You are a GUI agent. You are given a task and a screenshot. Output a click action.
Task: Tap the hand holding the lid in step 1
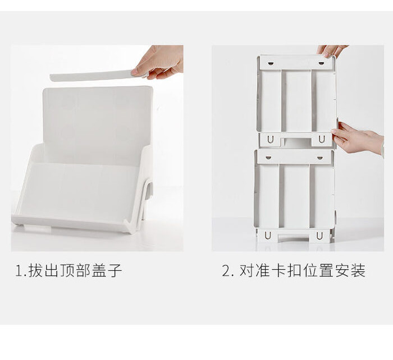click(158, 62)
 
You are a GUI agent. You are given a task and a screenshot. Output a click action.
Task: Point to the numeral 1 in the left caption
click(19, 271)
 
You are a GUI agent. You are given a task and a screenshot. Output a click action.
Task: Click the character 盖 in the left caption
click(99, 270)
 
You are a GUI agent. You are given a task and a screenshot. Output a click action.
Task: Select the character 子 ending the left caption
click(115, 270)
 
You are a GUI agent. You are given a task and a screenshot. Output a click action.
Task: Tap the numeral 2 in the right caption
click(226, 271)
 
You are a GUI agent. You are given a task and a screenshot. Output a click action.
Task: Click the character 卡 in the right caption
click(278, 270)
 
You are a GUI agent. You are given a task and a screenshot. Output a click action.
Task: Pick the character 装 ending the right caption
click(358, 270)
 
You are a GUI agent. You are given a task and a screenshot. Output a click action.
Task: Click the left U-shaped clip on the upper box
click(270, 140)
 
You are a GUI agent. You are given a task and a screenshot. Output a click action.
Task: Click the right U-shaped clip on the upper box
click(322, 140)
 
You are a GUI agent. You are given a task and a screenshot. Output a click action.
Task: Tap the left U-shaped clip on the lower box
click(268, 236)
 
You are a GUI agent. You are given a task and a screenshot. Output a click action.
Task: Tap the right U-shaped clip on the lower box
click(319, 236)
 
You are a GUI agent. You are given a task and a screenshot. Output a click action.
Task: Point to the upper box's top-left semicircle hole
click(270, 63)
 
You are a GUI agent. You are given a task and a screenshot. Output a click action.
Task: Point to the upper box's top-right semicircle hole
click(321, 63)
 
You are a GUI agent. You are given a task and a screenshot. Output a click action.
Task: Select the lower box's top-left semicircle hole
click(268, 158)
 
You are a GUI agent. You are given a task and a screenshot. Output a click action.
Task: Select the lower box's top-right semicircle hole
click(320, 158)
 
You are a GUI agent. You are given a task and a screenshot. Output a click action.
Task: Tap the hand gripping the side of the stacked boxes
click(358, 138)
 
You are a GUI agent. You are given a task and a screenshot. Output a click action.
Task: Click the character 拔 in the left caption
click(35, 270)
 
